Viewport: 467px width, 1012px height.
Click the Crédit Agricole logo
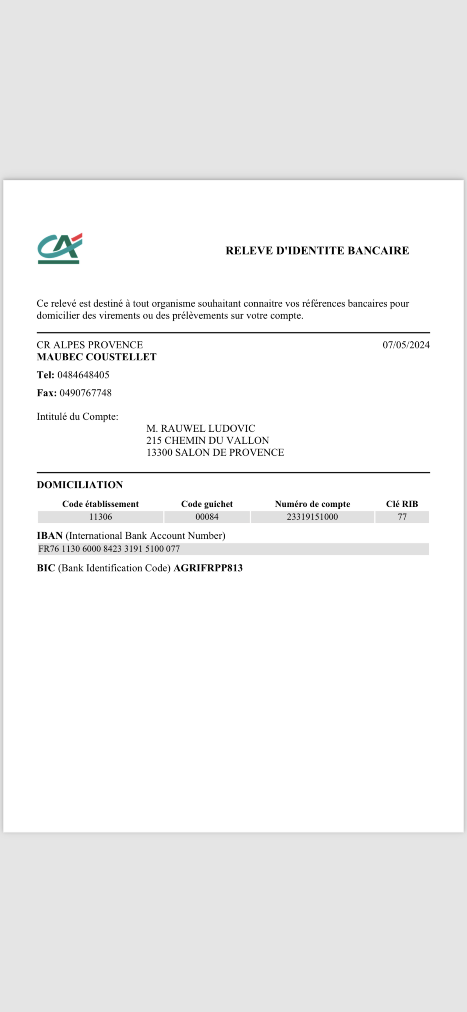tap(60, 249)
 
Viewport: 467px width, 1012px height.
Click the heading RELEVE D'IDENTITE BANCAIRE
tap(317, 251)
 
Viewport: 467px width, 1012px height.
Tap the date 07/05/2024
tap(406, 345)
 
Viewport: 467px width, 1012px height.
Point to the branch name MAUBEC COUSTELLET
tap(96, 357)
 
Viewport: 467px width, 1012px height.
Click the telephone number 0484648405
tap(83, 375)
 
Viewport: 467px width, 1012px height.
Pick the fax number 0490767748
tap(85, 393)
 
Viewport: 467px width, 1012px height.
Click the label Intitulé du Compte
tap(77, 417)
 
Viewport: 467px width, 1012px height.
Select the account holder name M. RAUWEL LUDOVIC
tap(201, 429)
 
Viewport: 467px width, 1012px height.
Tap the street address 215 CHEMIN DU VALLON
tap(208, 441)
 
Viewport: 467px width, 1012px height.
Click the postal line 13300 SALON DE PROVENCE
tap(215, 453)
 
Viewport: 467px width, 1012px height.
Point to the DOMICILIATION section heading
tap(80, 485)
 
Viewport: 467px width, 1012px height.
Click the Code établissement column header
tap(100, 504)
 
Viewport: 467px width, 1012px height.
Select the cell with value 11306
tap(100, 517)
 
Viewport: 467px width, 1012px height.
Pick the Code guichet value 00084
tap(207, 517)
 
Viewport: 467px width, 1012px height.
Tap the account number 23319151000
tap(312, 517)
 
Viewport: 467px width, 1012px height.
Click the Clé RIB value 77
tap(402, 517)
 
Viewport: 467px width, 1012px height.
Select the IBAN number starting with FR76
tap(109, 549)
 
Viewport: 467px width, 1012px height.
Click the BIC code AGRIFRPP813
tap(208, 568)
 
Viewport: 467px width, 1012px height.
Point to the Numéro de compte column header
tap(312, 504)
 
